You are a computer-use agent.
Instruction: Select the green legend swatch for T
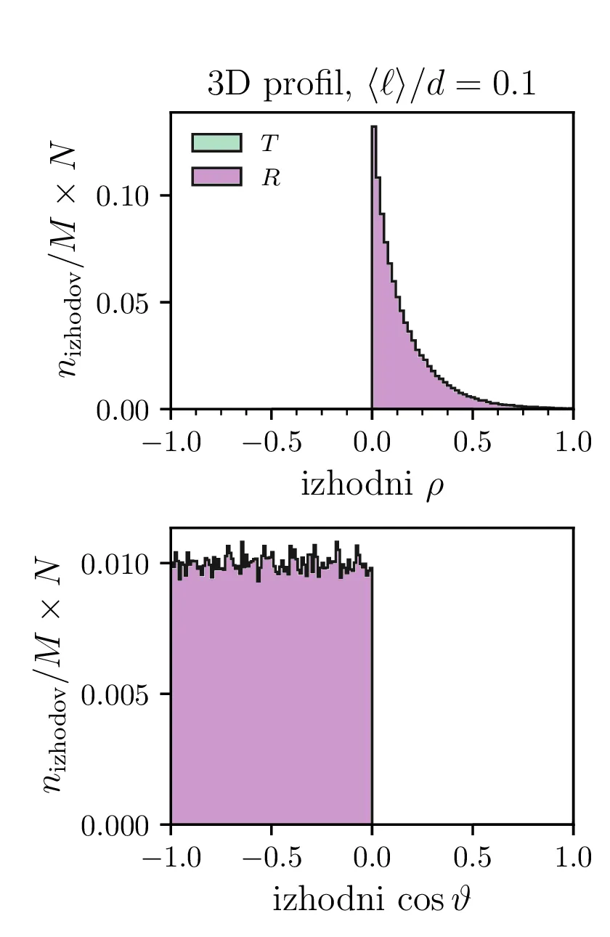[x=216, y=142]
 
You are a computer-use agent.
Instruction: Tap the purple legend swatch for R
[x=216, y=177]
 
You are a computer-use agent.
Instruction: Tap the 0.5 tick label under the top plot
[x=472, y=443]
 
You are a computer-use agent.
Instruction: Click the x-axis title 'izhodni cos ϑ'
[x=372, y=901]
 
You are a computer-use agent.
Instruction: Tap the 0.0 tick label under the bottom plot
[x=372, y=858]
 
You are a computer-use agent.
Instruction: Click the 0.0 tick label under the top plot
[x=372, y=443]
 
